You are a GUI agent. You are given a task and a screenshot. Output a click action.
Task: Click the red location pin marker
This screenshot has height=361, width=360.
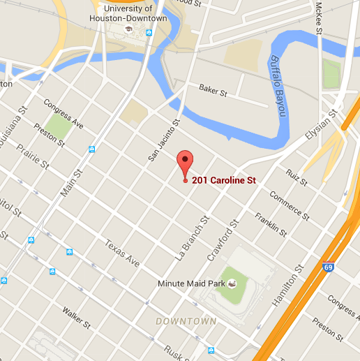[184, 163]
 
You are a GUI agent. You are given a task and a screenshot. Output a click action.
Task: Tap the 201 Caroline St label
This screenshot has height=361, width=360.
[224, 180]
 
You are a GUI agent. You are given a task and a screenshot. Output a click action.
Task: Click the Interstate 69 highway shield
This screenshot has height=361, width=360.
[329, 266]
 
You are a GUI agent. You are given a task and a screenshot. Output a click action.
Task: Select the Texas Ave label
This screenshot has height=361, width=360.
[122, 253]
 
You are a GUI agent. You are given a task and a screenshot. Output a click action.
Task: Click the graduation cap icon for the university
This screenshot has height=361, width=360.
[128, 31]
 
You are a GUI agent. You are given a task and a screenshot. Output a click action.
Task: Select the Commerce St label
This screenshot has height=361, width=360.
[287, 204]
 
